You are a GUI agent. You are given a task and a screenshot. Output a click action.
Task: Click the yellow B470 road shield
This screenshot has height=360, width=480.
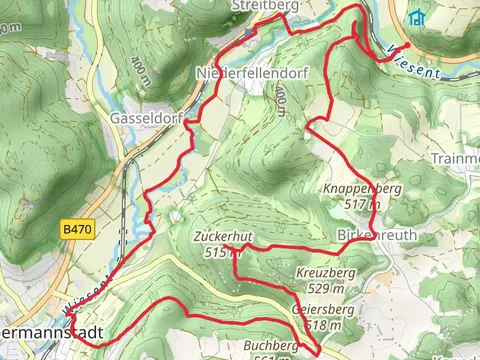tap(75, 229)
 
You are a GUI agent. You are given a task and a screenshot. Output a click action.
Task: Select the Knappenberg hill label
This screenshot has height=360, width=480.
tap(362, 189)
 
